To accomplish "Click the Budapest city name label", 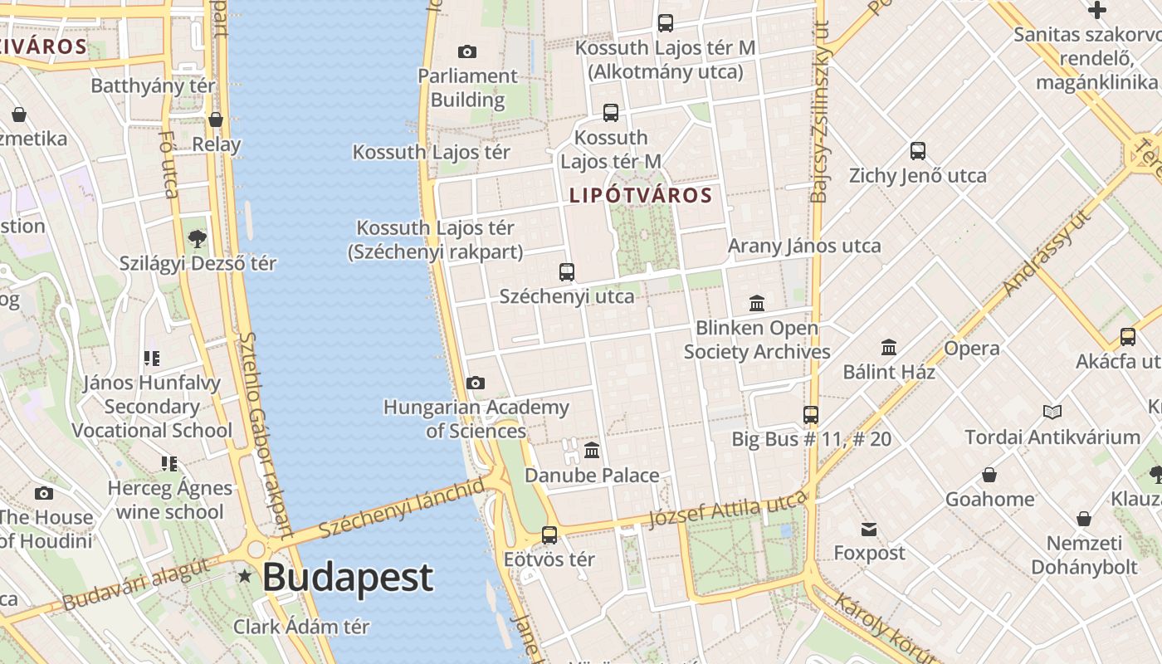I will (348, 577).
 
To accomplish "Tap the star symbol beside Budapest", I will (245, 575).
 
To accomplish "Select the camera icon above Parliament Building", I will (467, 51).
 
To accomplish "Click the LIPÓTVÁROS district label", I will (641, 195).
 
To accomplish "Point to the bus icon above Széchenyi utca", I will (567, 271).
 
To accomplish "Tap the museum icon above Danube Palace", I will (592, 451).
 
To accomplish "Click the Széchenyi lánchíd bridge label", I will (401, 507).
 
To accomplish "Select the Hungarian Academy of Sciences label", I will (476, 419).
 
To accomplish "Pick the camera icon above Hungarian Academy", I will (475, 383).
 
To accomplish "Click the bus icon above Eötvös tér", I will (549, 535).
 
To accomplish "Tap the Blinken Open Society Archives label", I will (757, 339).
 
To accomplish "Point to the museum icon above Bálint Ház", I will (889, 347).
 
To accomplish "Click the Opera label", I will (971, 349).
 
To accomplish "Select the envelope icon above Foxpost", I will (869, 530).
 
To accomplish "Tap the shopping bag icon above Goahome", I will (989, 475).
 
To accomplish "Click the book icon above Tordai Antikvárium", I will (1052, 412).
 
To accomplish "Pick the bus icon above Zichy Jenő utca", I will (917, 151).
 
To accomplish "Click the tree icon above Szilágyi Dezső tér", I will (197, 239).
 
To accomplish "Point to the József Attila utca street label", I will (727, 509).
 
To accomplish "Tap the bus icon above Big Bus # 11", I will (811, 414).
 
